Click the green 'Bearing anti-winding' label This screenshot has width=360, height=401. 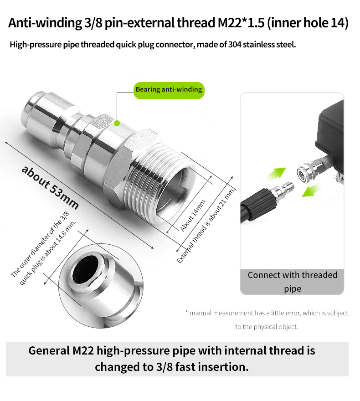coord(169,89)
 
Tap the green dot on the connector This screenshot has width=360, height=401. coord(117,123)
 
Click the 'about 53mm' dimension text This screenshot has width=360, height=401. coord(50,187)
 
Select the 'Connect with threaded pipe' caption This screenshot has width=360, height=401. coord(292,282)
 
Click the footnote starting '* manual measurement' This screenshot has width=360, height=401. coord(267,313)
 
